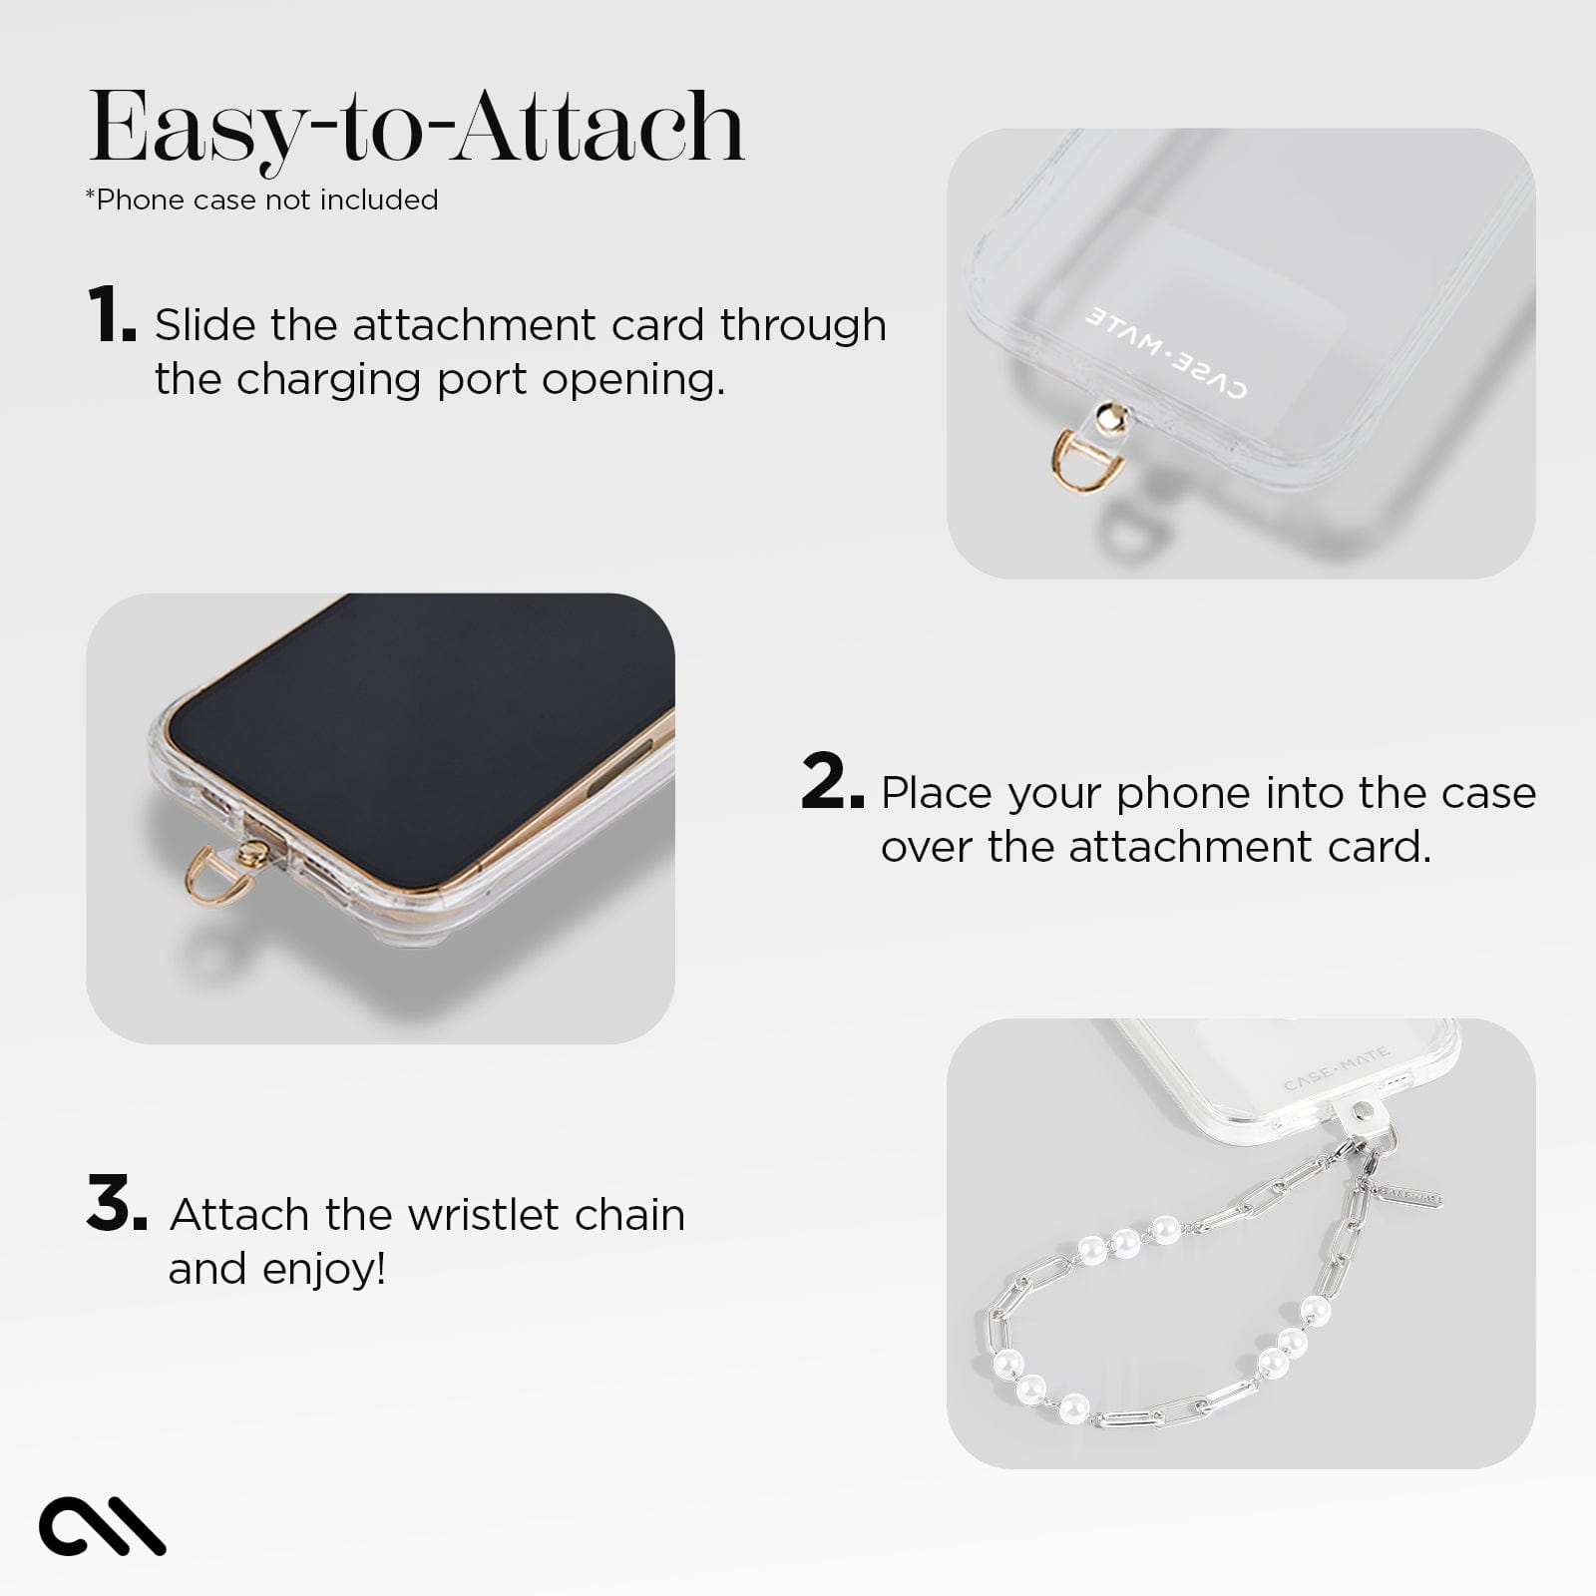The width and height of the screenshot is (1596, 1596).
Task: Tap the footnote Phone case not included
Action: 262,200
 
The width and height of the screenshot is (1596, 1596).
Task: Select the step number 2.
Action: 830,783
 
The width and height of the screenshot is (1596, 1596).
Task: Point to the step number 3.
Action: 116,1204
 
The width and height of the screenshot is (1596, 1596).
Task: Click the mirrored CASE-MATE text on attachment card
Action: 1166,353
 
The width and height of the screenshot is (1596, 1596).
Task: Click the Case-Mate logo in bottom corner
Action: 101,1525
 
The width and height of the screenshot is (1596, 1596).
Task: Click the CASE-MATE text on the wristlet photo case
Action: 1336,1070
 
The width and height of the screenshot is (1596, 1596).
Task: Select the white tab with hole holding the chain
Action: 1364,1116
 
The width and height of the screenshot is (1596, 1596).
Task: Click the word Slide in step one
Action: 204,326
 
